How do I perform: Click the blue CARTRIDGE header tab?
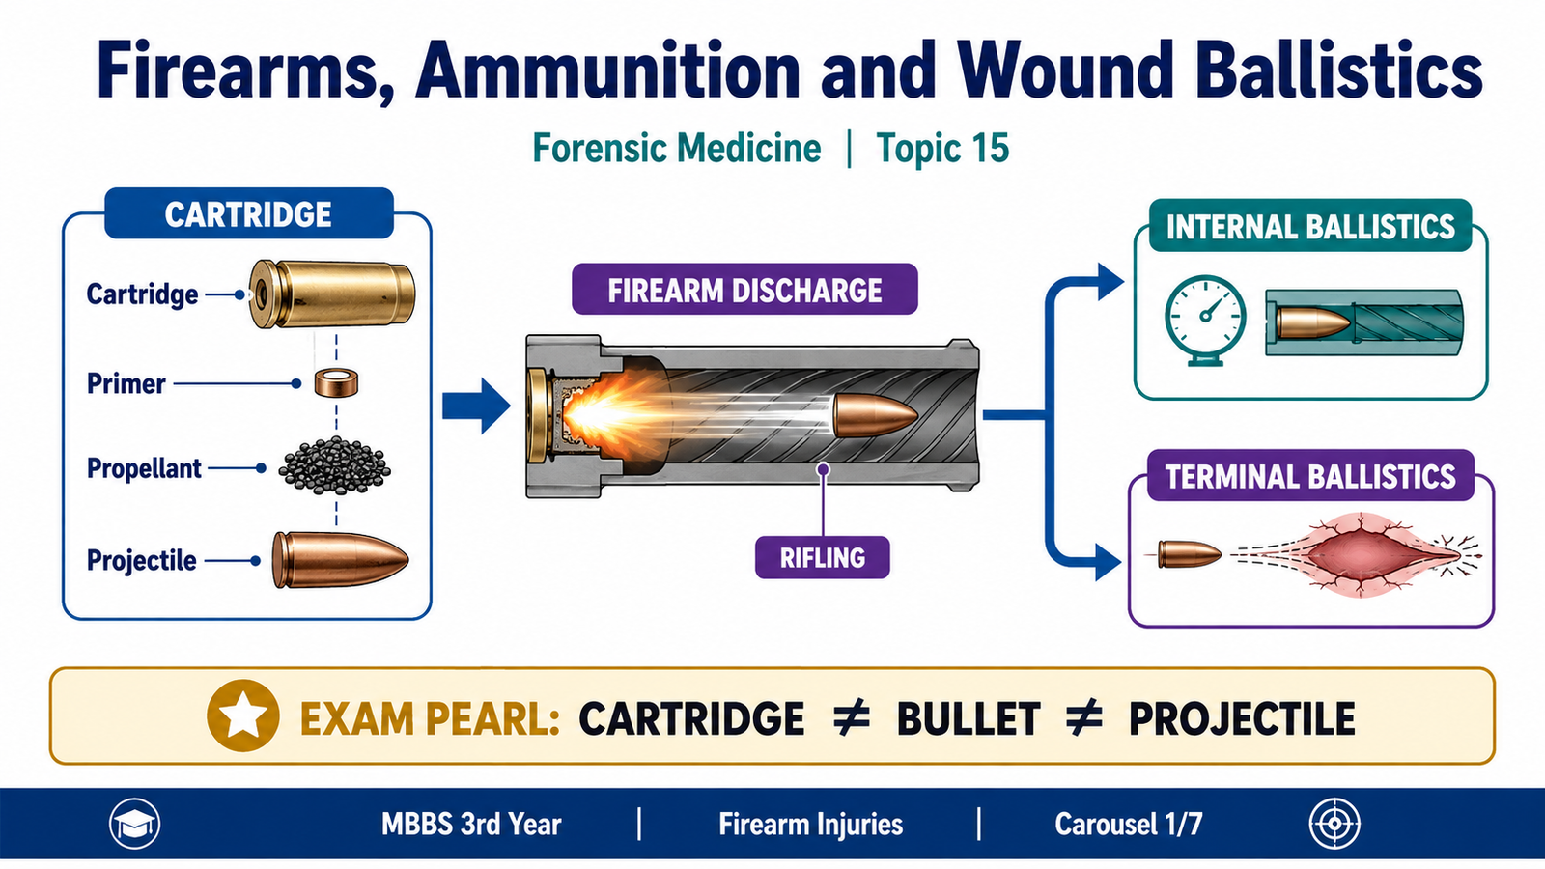[x=249, y=213]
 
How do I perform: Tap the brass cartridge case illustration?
[x=332, y=294]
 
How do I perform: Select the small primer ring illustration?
[x=337, y=382]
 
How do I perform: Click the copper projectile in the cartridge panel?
[x=340, y=559]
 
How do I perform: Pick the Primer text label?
[x=126, y=383]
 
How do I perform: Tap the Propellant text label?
[x=144, y=468]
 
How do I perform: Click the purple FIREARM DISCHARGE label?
[x=744, y=290]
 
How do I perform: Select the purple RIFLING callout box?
[x=822, y=557]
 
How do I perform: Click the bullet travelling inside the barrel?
[x=875, y=415]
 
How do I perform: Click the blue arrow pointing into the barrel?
[x=477, y=406]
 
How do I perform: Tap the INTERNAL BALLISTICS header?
[x=1310, y=226]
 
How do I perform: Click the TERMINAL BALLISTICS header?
[x=1310, y=476]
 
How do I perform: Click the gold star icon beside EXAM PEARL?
[x=242, y=715]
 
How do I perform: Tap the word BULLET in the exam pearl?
[x=969, y=718]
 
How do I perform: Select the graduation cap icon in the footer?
[x=134, y=825]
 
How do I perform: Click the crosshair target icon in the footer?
[x=1334, y=825]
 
